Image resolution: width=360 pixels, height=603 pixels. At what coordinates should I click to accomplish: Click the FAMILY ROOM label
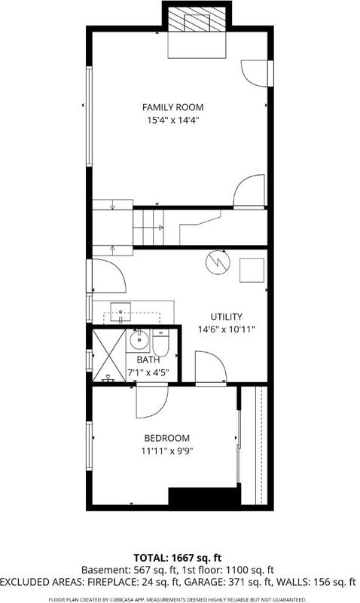tap(173, 107)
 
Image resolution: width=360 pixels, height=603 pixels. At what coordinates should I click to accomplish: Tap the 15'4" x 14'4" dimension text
tap(173, 121)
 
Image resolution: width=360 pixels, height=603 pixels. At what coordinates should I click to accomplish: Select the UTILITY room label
tap(226, 317)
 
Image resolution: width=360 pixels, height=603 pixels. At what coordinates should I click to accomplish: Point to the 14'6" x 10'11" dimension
tap(226, 329)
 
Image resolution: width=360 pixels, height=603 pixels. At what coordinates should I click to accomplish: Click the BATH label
tap(148, 360)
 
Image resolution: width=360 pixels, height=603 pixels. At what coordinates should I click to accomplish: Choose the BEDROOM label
tap(166, 438)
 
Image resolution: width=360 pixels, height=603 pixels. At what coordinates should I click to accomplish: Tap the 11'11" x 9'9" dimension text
tap(166, 451)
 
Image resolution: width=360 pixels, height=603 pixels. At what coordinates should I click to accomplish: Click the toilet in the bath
tap(160, 343)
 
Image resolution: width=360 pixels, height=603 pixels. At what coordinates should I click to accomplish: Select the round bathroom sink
tap(137, 341)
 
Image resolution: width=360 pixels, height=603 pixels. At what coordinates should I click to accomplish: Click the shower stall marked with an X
tap(109, 355)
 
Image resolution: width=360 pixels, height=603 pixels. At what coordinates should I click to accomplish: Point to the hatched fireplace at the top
tap(197, 19)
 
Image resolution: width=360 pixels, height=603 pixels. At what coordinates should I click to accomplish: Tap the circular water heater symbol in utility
tap(218, 262)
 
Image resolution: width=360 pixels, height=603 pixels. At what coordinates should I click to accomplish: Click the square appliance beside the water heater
tap(252, 271)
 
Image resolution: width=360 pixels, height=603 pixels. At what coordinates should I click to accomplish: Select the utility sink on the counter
tap(121, 312)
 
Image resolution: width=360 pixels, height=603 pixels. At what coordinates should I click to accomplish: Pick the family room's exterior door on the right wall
tap(257, 74)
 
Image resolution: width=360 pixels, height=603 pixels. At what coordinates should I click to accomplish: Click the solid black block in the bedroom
tap(204, 496)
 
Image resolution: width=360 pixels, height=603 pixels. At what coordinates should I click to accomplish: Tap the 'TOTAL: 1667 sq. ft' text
tap(178, 558)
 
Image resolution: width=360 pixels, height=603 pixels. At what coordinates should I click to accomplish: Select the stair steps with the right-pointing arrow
tap(148, 228)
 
